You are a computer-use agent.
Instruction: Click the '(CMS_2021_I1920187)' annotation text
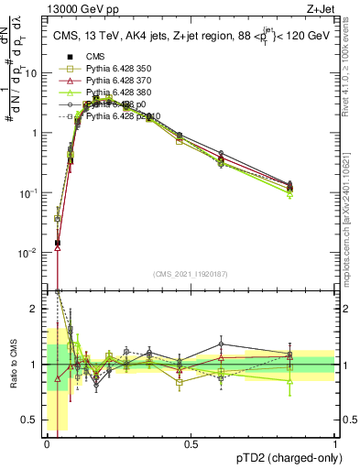tap(191, 274)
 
